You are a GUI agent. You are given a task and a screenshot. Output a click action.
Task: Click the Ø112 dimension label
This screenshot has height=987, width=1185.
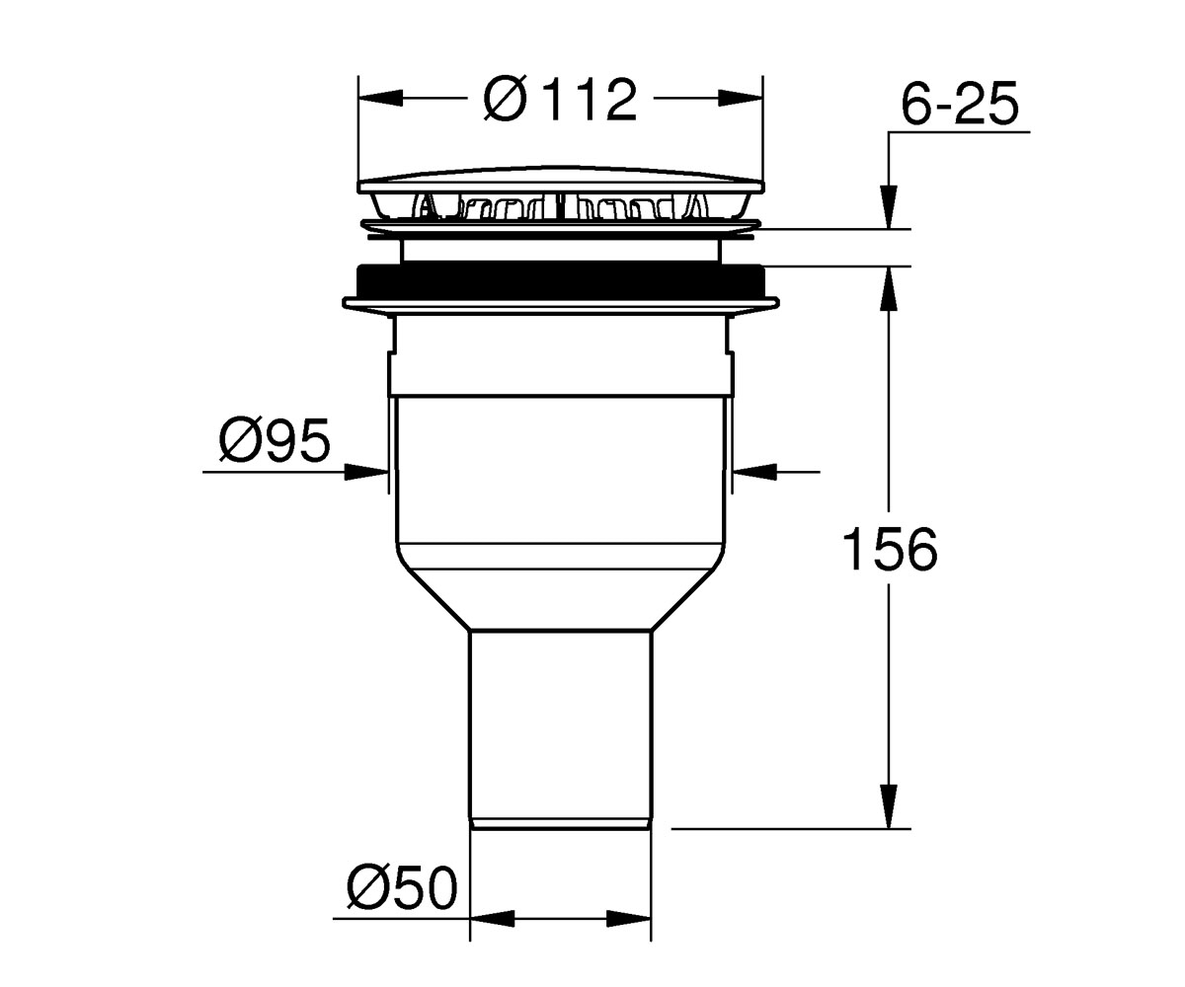click(560, 99)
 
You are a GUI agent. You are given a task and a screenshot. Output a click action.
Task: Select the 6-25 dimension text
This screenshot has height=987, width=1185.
click(960, 105)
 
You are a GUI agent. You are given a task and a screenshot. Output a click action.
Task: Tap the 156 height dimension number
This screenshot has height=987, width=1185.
click(890, 549)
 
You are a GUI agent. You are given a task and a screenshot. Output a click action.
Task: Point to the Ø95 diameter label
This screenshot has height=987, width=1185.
click(275, 439)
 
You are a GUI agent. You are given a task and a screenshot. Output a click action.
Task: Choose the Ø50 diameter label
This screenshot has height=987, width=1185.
click(402, 887)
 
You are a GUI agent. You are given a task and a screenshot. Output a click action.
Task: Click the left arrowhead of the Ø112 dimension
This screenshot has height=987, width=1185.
click(381, 98)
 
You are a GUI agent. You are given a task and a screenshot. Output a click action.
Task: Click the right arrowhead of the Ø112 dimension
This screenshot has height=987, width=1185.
click(741, 98)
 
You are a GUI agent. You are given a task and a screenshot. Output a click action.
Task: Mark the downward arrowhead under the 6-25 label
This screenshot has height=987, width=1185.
click(889, 207)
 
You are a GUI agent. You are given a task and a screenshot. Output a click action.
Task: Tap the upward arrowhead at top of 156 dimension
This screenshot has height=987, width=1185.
click(889, 288)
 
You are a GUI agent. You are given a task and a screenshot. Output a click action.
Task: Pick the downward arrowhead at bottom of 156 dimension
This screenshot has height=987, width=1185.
click(889, 806)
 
